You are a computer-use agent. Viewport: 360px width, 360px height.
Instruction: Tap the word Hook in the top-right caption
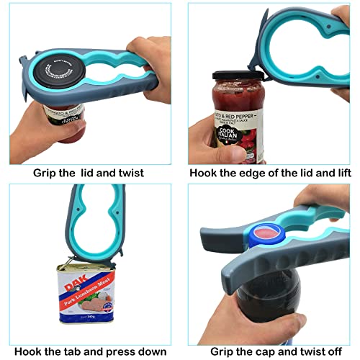pyautogui.click(x=204, y=173)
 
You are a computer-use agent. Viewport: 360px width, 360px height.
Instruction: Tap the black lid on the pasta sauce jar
pyautogui.click(x=233, y=76)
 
